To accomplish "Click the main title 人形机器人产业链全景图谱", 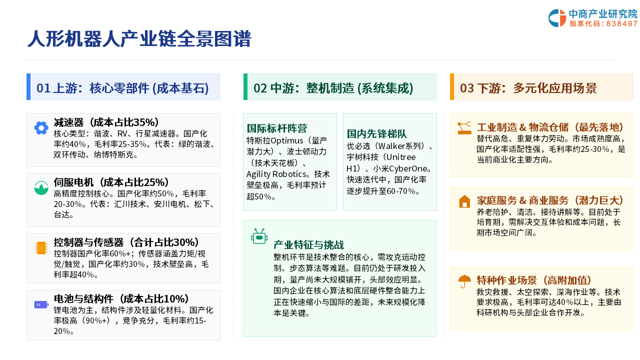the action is click(x=139, y=38).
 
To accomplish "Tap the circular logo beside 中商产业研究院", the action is click(x=557, y=18).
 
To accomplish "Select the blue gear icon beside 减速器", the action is click(x=41, y=127).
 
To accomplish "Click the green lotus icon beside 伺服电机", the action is click(x=41, y=187).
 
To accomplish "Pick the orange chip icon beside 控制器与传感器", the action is click(x=41, y=247).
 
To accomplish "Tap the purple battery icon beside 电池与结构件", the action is click(x=41, y=304).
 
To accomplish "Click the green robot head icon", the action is click(x=259, y=236).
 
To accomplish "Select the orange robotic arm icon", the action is click(x=464, y=128).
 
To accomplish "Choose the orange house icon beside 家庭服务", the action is click(x=464, y=201).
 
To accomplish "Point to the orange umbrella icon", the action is click(x=464, y=281).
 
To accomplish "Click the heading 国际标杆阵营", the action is click(x=277, y=128).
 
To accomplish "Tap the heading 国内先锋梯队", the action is click(x=376, y=133).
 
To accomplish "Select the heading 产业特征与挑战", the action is click(x=308, y=245).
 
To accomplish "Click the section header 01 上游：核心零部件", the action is click(x=122, y=88).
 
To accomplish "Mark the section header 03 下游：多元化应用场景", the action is click(x=528, y=88).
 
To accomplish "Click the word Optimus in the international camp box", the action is click(x=287, y=140).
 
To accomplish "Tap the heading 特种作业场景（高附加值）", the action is click(x=533, y=280).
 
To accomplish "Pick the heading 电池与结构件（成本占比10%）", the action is click(x=121, y=299).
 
